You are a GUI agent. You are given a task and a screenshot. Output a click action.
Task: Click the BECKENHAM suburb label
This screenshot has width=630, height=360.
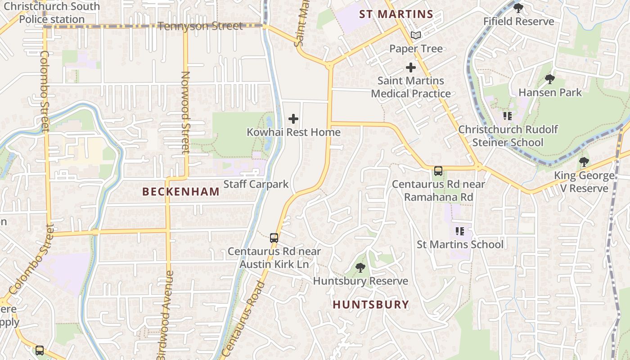181,192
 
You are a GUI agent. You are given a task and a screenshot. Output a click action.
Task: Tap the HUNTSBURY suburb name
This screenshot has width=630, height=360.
371,305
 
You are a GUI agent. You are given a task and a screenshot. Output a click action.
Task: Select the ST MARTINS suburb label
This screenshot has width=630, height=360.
396,14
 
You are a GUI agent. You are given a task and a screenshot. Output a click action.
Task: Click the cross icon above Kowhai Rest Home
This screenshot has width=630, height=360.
293,119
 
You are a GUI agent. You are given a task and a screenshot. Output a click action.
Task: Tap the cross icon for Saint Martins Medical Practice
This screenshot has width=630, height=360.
410,67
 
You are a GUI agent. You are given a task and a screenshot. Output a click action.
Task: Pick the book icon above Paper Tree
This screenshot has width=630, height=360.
416,35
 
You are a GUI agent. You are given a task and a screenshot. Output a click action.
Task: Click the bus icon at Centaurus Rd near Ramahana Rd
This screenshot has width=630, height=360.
438,171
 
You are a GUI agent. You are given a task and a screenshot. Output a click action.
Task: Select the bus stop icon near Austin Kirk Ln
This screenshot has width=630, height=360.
274,238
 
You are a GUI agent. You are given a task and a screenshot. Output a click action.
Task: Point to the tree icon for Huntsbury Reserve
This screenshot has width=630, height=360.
360,268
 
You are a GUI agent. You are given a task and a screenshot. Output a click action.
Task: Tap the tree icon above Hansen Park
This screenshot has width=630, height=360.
549,79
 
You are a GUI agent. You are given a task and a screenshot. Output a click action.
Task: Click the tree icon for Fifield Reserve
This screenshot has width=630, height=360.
518,8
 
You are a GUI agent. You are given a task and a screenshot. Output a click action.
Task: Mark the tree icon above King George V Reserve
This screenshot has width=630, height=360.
584,162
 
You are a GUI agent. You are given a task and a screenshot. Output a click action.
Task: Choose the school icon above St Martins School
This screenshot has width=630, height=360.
459,231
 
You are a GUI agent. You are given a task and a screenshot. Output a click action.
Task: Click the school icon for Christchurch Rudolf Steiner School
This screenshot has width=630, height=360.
508,116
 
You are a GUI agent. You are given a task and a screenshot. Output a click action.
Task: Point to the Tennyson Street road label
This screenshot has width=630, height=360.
200,26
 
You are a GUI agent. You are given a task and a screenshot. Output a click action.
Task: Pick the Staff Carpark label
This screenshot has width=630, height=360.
256,184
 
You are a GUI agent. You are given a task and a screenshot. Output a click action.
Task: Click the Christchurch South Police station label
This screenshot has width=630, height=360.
52,13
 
